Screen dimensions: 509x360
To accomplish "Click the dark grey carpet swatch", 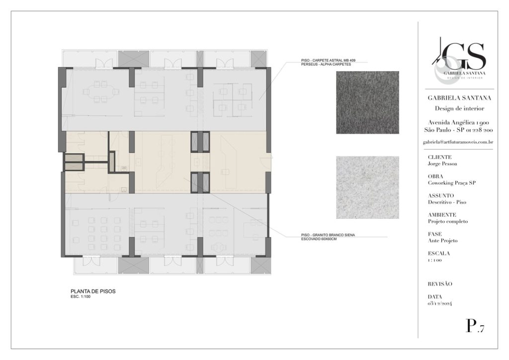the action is tap(367, 102).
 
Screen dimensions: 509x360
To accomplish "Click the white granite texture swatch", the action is tap(367, 187).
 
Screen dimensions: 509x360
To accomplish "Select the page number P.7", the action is tap(475, 326).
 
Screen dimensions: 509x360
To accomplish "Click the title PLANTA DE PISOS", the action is tap(93, 291).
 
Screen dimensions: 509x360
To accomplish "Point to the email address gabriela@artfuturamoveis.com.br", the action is tap(458, 142).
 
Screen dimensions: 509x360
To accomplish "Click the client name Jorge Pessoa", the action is tap(442, 164).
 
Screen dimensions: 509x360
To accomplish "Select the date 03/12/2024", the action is tap(439, 303).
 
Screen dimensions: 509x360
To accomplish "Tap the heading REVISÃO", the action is tap(440, 284).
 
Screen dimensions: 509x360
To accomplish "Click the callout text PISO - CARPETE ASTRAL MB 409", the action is tap(328, 60).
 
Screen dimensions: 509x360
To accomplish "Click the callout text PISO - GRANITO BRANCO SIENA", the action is tap(328, 235).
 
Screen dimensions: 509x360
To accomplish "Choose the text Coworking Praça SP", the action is tap(451, 183).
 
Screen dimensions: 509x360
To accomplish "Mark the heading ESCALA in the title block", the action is tap(439, 254).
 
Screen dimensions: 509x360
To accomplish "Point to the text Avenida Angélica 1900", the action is tap(458, 122).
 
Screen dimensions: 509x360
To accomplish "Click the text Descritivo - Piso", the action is tap(447, 202).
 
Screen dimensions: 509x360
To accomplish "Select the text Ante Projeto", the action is tap(442, 241).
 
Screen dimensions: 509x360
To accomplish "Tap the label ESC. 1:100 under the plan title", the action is tap(81, 297).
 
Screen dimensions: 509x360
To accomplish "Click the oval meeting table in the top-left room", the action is tap(100, 92).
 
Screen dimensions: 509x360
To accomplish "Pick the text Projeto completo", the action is tap(448, 221).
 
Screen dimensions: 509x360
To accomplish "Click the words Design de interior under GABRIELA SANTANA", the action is tap(459, 108).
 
